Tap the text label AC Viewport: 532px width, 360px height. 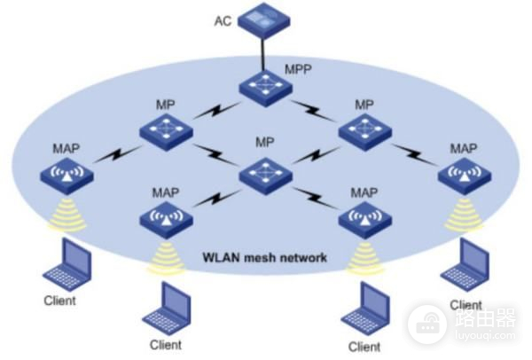pos(223,19)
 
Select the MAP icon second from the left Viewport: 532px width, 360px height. pos(163,215)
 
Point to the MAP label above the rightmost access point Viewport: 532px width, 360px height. pos(464,147)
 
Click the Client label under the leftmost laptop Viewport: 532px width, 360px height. pos(59,301)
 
